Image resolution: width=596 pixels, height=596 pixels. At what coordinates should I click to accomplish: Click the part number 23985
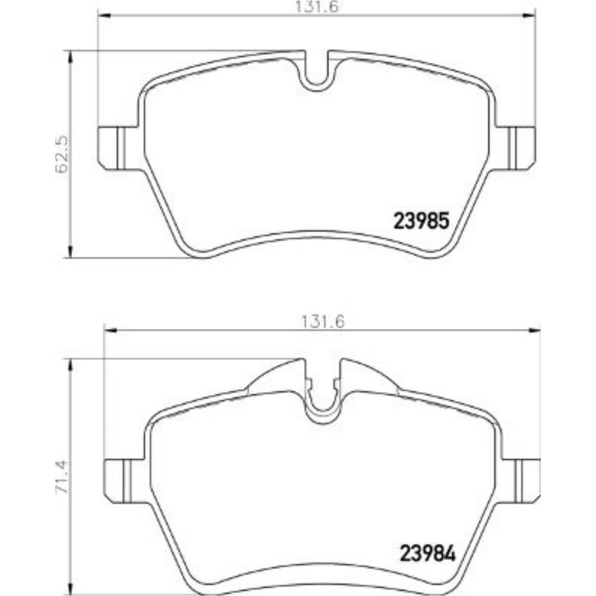[421, 221]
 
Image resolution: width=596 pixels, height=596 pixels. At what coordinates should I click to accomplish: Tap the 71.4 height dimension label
[61, 477]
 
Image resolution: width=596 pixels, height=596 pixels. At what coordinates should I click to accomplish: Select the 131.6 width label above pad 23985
[316, 7]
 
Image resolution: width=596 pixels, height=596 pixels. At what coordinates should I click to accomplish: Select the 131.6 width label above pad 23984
[322, 322]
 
